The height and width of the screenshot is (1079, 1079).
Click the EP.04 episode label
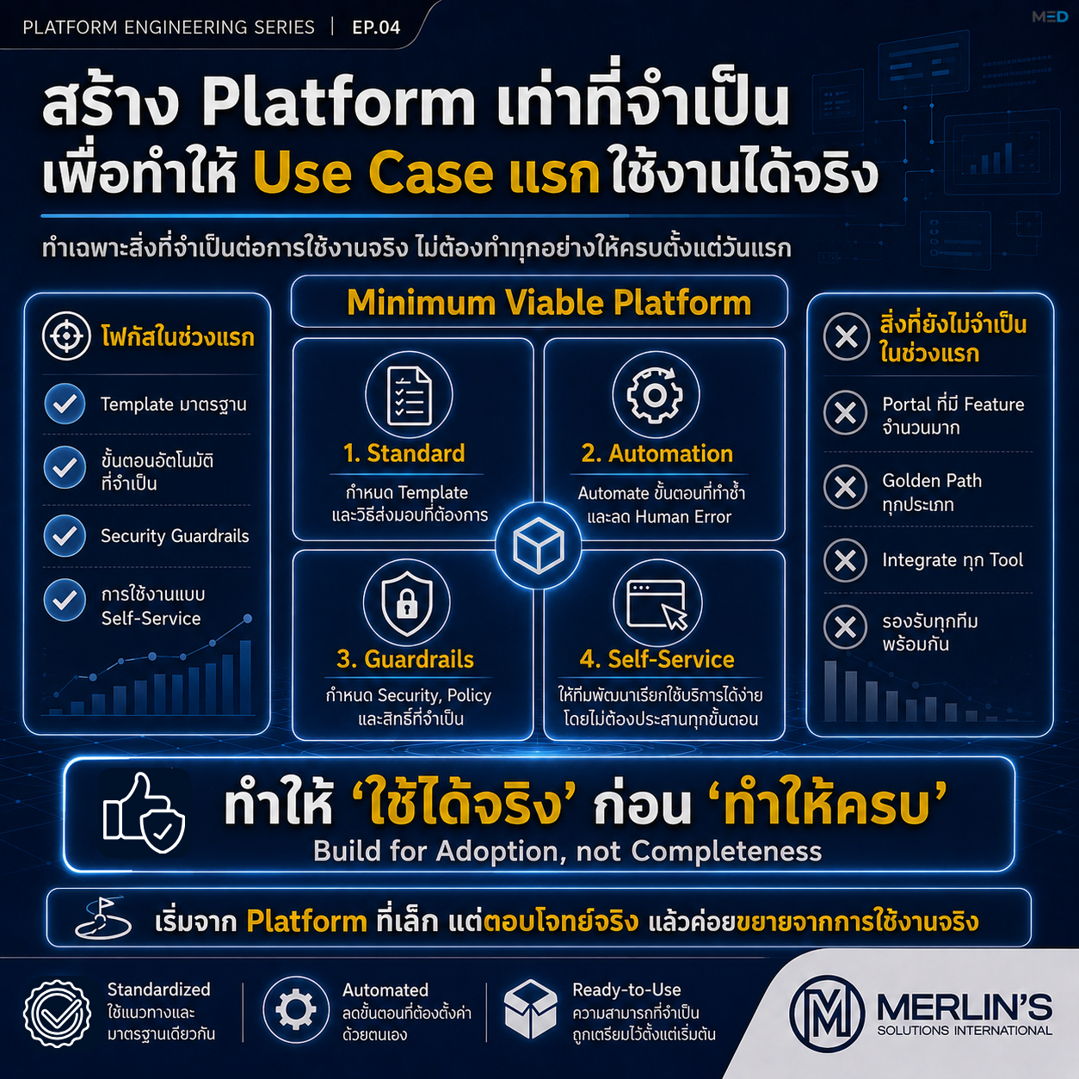(x=376, y=28)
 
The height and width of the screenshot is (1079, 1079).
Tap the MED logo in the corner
(x=1050, y=17)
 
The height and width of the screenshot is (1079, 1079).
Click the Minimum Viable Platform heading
(x=549, y=302)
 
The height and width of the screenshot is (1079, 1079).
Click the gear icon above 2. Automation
(x=655, y=395)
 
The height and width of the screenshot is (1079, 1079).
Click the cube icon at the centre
(x=538, y=546)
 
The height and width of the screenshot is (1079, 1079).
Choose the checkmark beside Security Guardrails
(x=65, y=536)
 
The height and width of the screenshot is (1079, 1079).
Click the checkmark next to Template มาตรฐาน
(x=65, y=404)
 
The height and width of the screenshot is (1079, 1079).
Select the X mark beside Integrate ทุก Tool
(x=846, y=560)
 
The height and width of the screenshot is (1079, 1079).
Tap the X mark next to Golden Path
(x=846, y=487)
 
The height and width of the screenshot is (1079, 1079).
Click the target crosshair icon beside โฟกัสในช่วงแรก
(x=66, y=336)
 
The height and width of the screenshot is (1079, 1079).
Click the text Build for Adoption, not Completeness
(x=567, y=851)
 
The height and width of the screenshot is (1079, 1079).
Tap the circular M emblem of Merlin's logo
(x=827, y=1014)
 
